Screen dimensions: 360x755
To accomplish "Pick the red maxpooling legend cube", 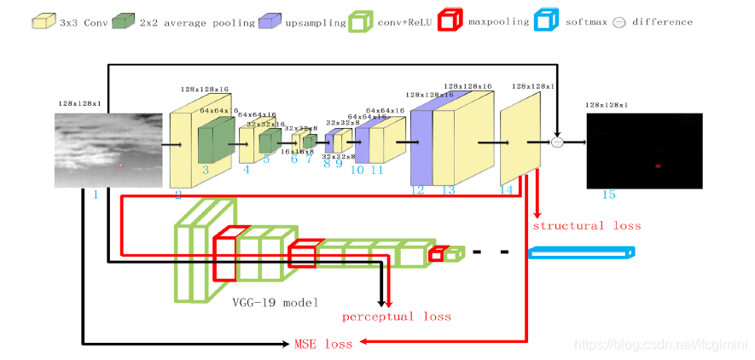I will (x=450, y=20).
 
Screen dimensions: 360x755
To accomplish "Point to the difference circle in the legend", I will (x=620, y=21).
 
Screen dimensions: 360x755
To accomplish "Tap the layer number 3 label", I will (x=205, y=171).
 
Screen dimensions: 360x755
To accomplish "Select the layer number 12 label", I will (x=417, y=190).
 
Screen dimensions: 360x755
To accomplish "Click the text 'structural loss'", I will (x=586, y=226).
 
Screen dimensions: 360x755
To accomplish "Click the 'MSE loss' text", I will (x=322, y=344).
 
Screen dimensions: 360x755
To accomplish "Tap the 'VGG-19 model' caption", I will (x=276, y=302).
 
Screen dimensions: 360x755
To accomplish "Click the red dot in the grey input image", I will (x=120, y=165).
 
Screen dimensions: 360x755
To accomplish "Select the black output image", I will (x=644, y=150).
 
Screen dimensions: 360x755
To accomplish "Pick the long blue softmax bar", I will (x=583, y=252).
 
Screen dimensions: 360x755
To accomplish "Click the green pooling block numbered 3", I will (x=216, y=139).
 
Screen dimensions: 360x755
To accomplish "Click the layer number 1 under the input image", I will (x=95, y=195).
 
